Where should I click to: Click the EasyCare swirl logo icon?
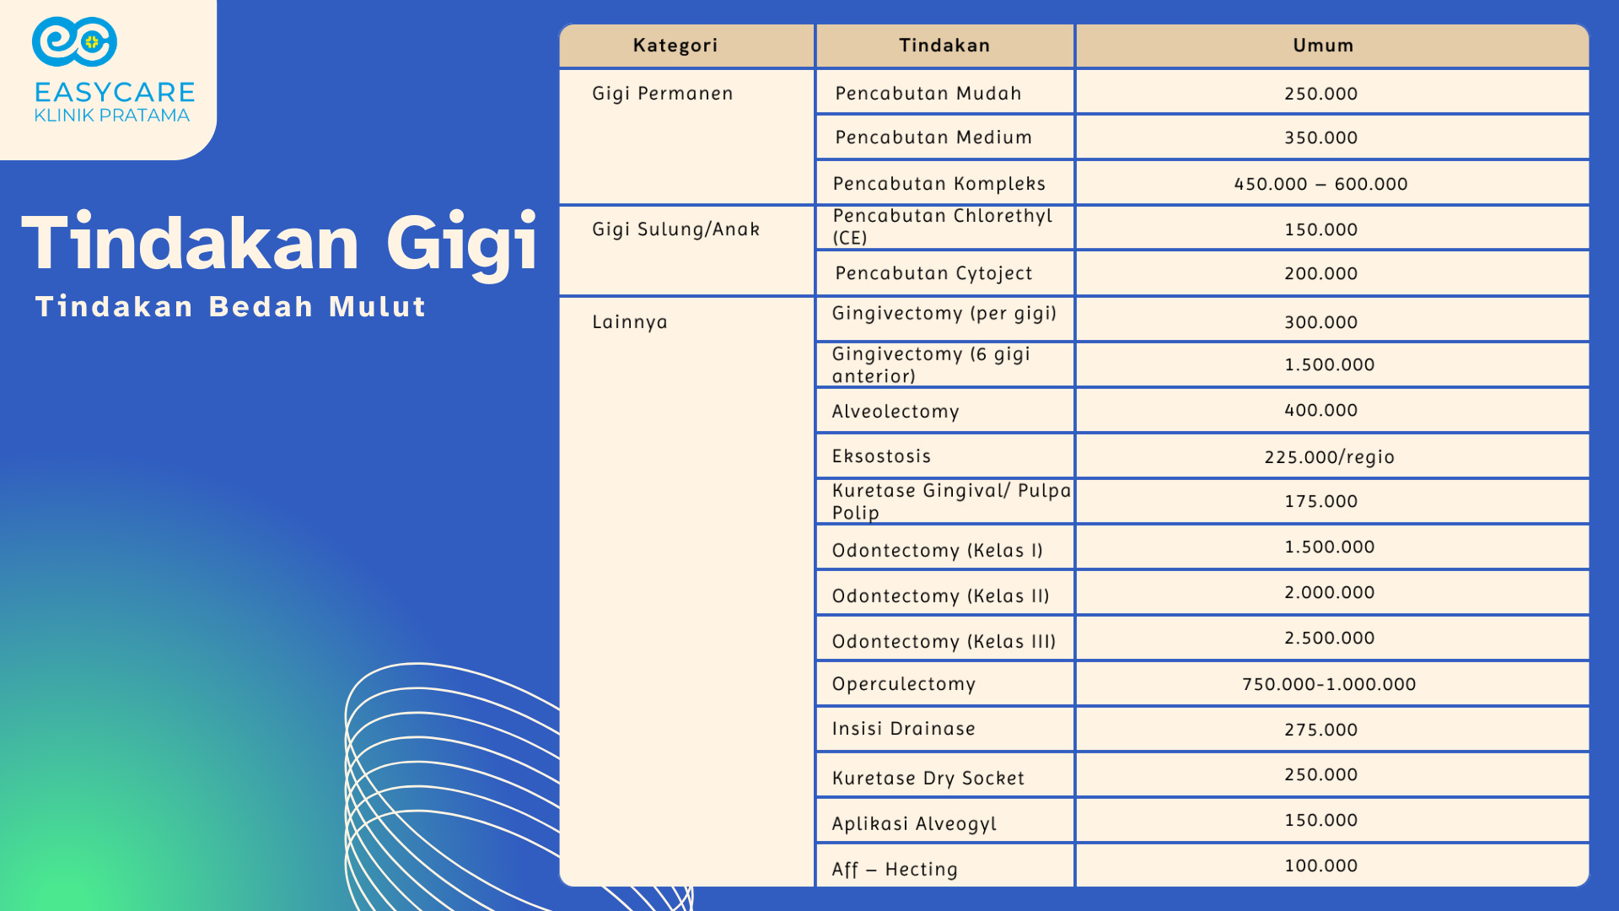(74, 41)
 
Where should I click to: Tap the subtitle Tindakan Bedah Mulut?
(230, 306)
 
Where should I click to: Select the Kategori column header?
(675, 46)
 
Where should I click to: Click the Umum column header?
(1323, 46)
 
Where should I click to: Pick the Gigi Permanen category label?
(662, 94)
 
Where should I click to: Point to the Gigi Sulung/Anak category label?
(675, 229)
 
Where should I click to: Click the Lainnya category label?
(629, 322)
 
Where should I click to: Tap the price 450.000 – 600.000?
(1320, 184)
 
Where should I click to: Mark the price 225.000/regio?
(1329, 457)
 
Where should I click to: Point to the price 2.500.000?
(1329, 638)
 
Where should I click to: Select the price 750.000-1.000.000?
(1329, 684)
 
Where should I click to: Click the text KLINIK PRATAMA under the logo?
(112, 116)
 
